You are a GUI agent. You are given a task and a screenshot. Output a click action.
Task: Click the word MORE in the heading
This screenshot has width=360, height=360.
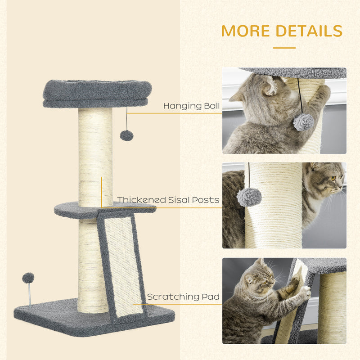(245, 31)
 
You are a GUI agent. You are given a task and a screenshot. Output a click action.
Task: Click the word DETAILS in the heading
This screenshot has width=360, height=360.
(309, 31)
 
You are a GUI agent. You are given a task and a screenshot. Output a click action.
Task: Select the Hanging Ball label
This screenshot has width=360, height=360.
(191, 106)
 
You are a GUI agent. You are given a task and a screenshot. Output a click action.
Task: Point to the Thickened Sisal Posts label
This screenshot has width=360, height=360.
(168, 200)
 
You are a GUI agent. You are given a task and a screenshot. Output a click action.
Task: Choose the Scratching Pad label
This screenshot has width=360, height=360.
(183, 297)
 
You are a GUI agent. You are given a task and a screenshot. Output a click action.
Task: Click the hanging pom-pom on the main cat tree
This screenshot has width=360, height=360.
(126, 135)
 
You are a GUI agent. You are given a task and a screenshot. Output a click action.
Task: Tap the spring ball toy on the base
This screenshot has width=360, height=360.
(28, 278)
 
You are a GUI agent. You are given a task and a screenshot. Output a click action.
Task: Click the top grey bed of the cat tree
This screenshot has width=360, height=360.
(97, 93)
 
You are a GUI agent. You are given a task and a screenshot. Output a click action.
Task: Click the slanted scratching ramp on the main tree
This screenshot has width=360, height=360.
(121, 265)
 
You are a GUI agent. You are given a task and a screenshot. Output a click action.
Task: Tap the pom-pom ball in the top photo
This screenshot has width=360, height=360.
(303, 122)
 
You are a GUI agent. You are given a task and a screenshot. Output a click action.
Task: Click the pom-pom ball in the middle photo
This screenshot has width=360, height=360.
(249, 197)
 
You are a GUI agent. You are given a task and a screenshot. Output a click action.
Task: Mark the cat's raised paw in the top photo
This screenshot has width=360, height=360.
(322, 93)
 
